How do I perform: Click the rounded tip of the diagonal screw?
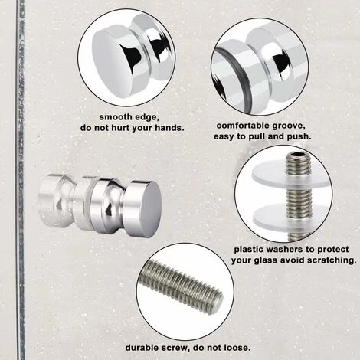218,302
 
